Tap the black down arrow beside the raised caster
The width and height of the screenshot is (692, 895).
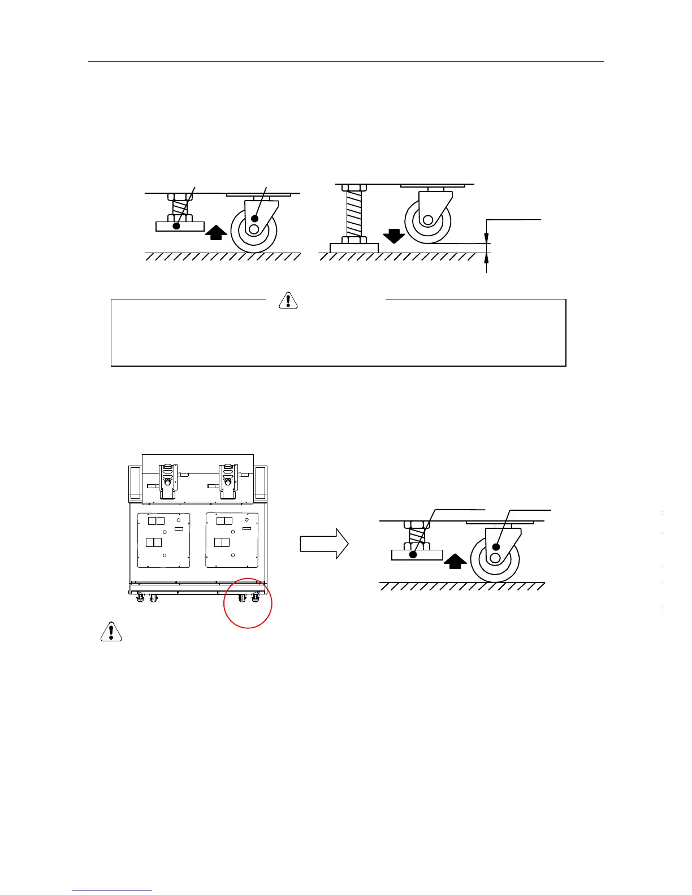pyautogui.click(x=394, y=235)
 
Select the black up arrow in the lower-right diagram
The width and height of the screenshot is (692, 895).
pyautogui.click(x=455, y=561)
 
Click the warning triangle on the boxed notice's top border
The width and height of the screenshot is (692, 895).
pyautogui.click(x=288, y=300)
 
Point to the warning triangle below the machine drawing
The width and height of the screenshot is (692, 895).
pyautogui.click(x=111, y=631)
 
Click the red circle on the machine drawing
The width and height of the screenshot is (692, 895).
pyautogui.click(x=248, y=603)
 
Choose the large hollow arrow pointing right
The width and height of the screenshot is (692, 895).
pyautogui.click(x=324, y=544)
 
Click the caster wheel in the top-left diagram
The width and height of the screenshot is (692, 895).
pyautogui.click(x=254, y=229)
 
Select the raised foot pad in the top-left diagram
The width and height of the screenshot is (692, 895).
pyautogui.click(x=180, y=226)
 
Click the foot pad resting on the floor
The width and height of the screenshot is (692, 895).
pyautogui.click(x=354, y=247)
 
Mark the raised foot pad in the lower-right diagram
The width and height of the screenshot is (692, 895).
pyautogui.click(x=417, y=555)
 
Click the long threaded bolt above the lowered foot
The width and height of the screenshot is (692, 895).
pyautogui.click(x=353, y=214)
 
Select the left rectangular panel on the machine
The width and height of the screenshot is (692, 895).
pyautogui.click(x=164, y=540)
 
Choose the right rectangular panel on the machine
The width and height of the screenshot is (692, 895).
pyautogui.click(x=232, y=540)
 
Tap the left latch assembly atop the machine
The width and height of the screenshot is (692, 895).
pyautogui.click(x=167, y=480)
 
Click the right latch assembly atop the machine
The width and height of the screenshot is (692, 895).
pyautogui.click(x=228, y=480)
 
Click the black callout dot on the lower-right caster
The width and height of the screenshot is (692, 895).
pyautogui.click(x=496, y=546)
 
